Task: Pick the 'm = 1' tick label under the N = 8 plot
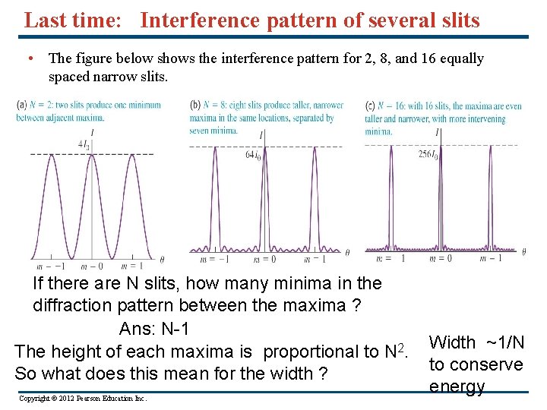(316, 260)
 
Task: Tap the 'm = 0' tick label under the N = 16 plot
(439, 258)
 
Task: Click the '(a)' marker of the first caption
(21, 105)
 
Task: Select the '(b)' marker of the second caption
(196, 105)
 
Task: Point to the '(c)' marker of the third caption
(371, 105)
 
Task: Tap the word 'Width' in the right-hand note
(452, 343)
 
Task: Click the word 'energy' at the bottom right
(457, 386)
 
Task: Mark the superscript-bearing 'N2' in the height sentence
(393, 351)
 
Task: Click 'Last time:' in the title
(72, 20)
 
